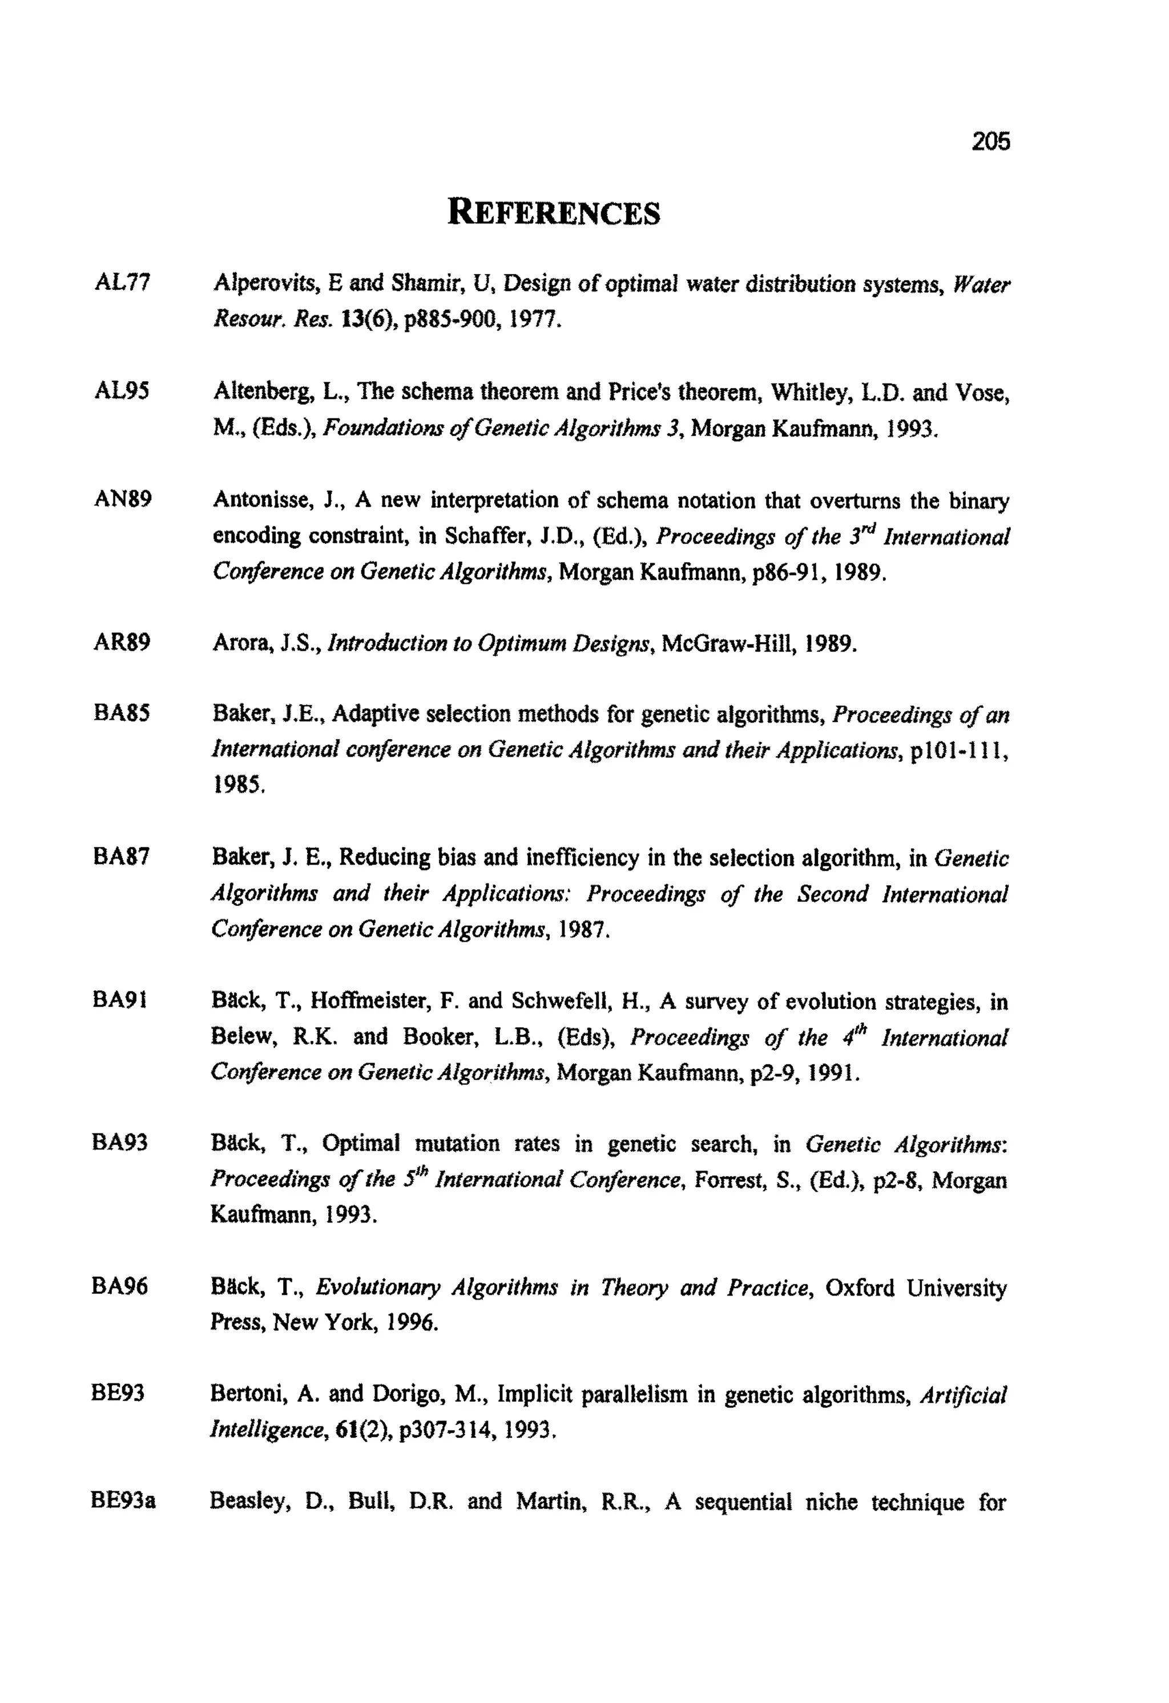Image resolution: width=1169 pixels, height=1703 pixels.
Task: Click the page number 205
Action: (990, 141)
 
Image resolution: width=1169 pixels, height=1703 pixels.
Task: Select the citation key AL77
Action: (122, 282)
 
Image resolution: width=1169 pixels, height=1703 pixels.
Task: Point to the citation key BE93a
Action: (123, 1501)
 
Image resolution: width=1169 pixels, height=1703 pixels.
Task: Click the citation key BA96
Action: (120, 1286)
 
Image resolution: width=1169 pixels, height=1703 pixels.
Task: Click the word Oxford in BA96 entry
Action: (859, 1288)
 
